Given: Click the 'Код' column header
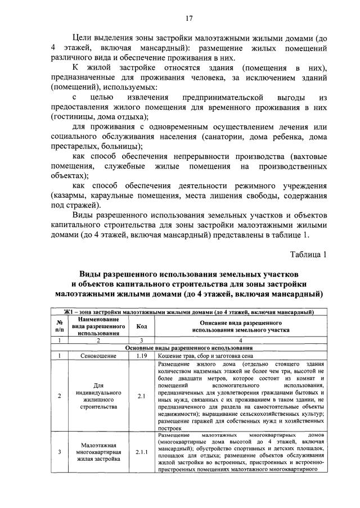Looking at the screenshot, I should tap(142, 326).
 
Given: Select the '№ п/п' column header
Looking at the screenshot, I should tap(60, 326).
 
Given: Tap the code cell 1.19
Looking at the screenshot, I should tap(142, 355).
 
